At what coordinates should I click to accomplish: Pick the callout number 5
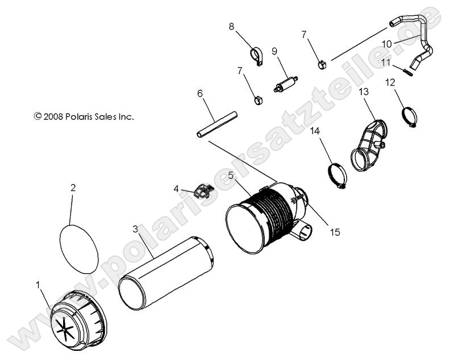231,175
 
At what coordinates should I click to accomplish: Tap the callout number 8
232,26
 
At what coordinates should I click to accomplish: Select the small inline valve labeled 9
287,82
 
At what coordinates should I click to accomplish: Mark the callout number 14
315,131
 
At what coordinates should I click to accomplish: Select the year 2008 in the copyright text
54,116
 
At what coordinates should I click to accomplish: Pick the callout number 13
364,91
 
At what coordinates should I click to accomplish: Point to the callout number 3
135,229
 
